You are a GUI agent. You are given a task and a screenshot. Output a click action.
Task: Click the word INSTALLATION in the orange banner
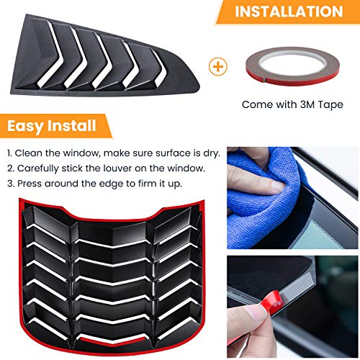pos(289,12)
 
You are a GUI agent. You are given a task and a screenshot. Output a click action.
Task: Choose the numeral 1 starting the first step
pos(10,153)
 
